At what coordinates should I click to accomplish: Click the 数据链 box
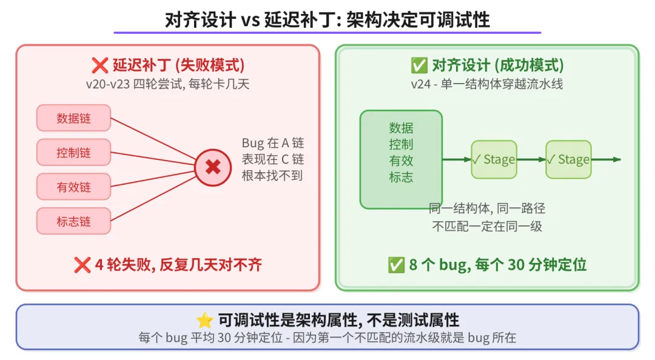[73, 118]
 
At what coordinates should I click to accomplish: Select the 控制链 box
[73, 152]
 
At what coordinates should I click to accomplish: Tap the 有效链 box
[73, 187]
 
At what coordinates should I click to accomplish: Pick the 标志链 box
[73, 221]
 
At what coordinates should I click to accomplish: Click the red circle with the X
[213, 167]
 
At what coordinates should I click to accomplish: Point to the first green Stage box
[494, 159]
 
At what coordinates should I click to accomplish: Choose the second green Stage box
[568, 159]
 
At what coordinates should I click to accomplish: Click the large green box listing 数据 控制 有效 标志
[401, 159]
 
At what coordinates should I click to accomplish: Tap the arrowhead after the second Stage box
[617, 159]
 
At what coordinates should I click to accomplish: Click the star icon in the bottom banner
[204, 321]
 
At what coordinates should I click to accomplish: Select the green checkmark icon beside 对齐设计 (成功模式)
[419, 65]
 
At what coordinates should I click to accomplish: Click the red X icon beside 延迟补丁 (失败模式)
[99, 65]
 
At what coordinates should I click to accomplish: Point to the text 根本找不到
[272, 176]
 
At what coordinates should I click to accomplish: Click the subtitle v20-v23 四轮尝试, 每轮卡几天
[167, 84]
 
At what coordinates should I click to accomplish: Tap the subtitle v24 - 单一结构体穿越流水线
[486, 84]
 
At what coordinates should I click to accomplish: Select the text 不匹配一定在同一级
[486, 227]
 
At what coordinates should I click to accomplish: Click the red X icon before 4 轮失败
[82, 265]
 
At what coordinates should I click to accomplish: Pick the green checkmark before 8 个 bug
[396, 265]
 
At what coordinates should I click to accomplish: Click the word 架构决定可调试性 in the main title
[418, 20]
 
